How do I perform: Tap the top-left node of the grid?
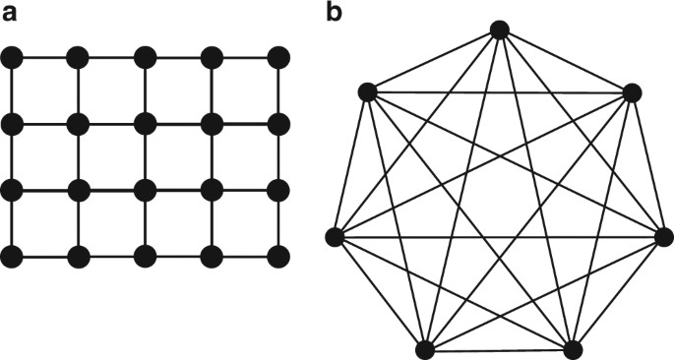click(x=12, y=58)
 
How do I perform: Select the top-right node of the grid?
click(x=278, y=58)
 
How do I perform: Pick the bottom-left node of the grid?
click(x=12, y=257)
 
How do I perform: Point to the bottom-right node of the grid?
click(x=278, y=257)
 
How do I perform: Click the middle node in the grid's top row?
click(x=146, y=58)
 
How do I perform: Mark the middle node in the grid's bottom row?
click(x=146, y=257)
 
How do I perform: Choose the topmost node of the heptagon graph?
click(x=500, y=30)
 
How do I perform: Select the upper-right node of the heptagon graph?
click(x=632, y=93)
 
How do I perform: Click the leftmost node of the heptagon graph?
click(x=336, y=236)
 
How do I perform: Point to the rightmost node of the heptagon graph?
click(x=664, y=236)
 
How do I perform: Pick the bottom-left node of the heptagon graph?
click(x=426, y=349)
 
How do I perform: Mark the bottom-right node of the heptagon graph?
click(x=574, y=349)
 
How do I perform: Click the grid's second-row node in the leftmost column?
click(x=12, y=124)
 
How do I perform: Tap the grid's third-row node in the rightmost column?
click(x=278, y=190)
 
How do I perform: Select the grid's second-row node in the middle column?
click(x=146, y=124)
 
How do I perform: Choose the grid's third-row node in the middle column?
click(x=146, y=190)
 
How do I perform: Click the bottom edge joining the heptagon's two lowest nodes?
click(x=500, y=349)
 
